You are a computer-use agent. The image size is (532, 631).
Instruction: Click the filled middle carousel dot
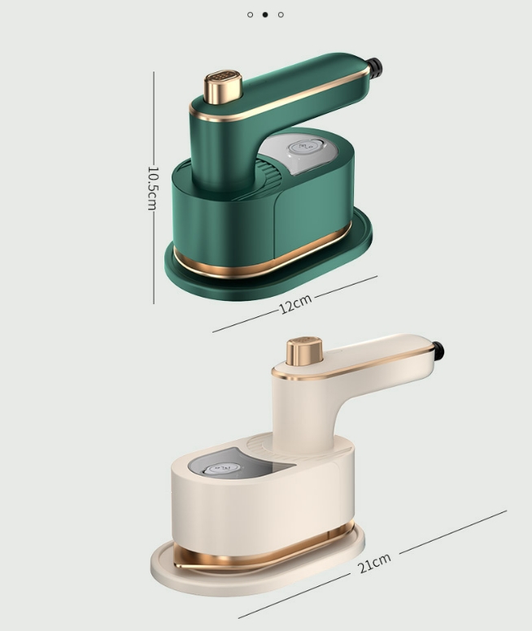coord(265,15)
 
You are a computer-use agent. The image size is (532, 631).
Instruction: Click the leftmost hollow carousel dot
coord(250,15)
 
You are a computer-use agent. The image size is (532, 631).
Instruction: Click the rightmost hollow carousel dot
coord(281,15)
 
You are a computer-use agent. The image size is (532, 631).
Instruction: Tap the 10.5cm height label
coord(153,189)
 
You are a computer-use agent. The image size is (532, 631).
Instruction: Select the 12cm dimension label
coord(295,303)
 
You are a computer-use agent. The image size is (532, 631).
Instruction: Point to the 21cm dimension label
coord(374,563)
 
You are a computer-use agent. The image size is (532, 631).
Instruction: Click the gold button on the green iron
coord(223,86)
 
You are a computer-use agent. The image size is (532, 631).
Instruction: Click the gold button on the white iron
coord(304,351)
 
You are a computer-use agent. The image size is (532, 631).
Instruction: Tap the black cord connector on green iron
coord(374,68)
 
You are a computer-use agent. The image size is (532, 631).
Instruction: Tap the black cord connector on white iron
coord(438,350)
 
